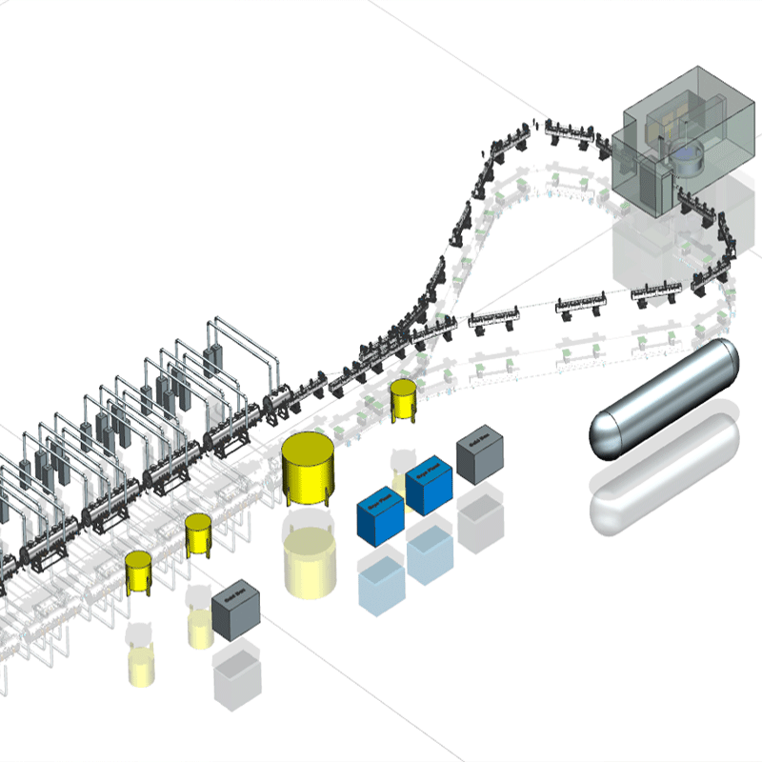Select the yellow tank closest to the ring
click(x=404, y=400)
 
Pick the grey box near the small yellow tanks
click(x=235, y=611)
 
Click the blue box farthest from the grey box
click(x=380, y=518)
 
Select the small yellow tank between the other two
click(x=198, y=534)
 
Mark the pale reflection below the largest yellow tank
click(x=309, y=557)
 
